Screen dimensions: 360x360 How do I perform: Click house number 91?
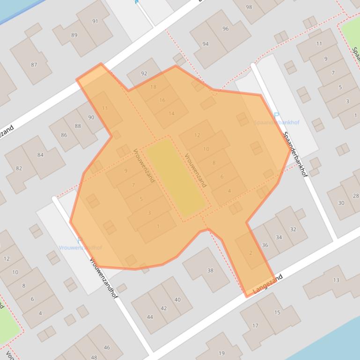point(95,22)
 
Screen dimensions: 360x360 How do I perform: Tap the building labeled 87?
point(34,65)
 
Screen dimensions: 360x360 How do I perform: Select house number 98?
point(249,7)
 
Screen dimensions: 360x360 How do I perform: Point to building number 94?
point(206,44)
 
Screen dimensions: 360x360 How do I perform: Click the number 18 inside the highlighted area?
point(153,87)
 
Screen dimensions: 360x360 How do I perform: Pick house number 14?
point(171,113)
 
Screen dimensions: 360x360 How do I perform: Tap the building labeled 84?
point(41,155)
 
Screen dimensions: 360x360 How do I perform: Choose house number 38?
point(210,270)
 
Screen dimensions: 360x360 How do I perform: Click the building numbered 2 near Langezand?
point(251,253)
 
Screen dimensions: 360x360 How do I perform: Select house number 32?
point(293,229)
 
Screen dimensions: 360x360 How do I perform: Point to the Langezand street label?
point(268,285)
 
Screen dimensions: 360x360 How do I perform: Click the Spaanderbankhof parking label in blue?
point(276,122)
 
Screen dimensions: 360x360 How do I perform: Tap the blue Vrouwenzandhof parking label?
point(80,247)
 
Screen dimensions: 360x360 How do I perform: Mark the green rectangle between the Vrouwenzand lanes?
point(176,177)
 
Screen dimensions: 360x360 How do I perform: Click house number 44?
point(150,317)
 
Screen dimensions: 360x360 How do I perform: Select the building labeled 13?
point(336,280)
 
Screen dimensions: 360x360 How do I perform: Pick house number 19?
point(221,353)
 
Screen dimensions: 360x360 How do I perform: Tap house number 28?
point(356,196)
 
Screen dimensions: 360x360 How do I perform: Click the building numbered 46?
point(107,347)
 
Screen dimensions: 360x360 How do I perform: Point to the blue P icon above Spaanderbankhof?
point(276,115)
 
